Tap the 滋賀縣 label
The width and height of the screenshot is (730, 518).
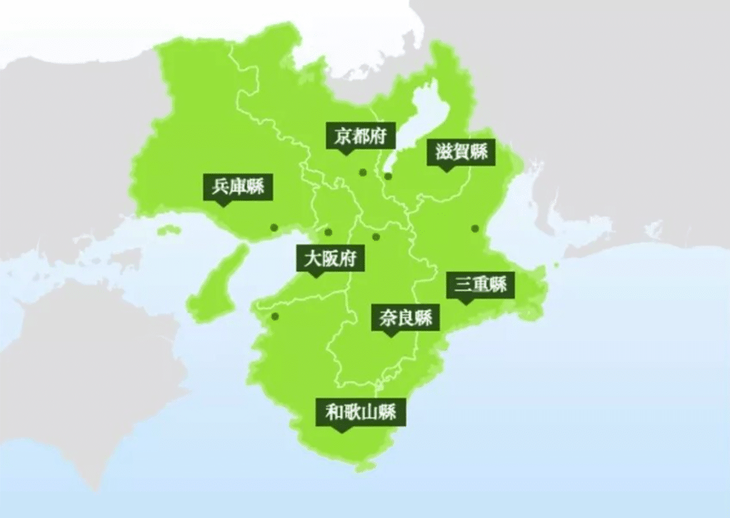click(461, 151)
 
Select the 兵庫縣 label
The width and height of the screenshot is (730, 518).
click(238, 186)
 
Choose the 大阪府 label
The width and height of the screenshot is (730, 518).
click(331, 260)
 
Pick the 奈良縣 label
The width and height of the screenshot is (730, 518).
click(405, 318)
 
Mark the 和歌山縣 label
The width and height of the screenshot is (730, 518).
click(360, 412)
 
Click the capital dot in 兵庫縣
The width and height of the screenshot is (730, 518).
click(274, 227)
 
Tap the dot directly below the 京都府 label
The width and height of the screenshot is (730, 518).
click(363, 172)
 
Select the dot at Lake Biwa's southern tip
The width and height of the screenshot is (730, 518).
click(388, 177)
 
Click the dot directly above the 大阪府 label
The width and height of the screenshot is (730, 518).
click(328, 232)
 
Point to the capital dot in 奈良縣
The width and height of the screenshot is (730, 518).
click(376, 237)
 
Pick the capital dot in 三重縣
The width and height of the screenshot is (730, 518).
click(474, 228)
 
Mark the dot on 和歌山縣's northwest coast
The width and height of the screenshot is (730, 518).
click(275, 317)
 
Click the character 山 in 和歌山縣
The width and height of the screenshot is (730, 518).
click(370, 412)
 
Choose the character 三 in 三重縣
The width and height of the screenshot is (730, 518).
click(461, 284)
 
